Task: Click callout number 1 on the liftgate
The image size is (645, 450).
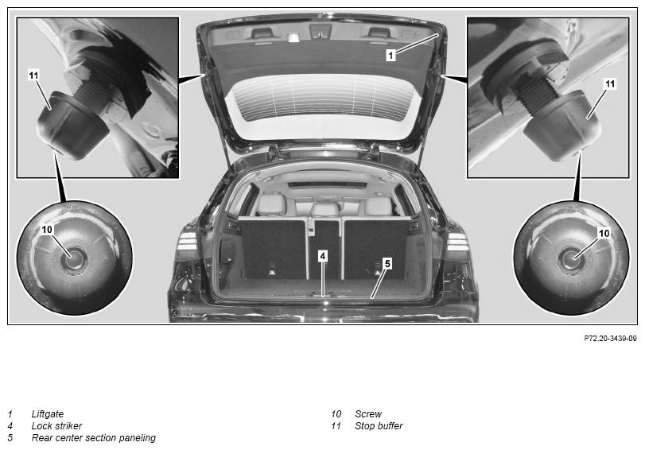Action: [x=390, y=55]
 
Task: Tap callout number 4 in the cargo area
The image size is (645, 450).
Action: [x=323, y=256]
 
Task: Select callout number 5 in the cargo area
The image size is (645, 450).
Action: [x=387, y=264]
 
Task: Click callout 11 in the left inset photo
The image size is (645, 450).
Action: [x=33, y=76]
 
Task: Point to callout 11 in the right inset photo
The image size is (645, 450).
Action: [x=610, y=84]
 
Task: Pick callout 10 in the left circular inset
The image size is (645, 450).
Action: [x=47, y=230]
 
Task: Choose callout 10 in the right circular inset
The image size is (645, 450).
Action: [x=604, y=233]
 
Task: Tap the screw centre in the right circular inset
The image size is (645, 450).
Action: [x=570, y=259]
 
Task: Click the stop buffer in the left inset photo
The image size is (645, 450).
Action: [x=72, y=126]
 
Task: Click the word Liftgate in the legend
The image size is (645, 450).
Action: [x=48, y=414]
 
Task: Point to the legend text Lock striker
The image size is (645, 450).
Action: [x=56, y=425]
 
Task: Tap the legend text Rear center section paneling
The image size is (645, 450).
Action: [x=94, y=438]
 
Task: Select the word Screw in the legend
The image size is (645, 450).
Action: [x=368, y=413]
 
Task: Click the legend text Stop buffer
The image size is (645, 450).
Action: [x=379, y=425]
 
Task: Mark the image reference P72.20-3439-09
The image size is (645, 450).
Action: [x=611, y=339]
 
